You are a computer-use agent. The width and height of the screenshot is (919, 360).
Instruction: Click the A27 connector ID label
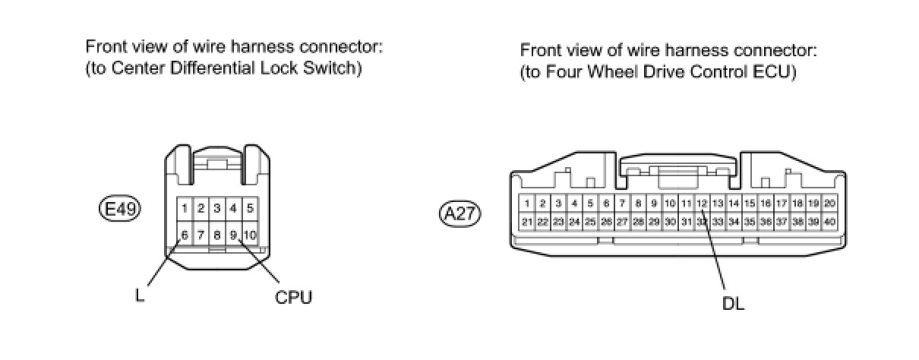(460, 213)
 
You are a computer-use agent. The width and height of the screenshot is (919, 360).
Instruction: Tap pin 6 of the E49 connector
(185, 235)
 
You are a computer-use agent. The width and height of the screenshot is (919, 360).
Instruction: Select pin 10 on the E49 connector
(251, 235)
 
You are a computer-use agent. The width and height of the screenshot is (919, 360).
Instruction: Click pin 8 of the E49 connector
(217, 235)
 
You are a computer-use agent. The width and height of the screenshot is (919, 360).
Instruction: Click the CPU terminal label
(294, 297)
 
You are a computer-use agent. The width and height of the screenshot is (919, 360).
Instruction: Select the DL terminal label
(732, 304)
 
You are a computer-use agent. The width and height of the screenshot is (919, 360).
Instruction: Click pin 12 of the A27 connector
(702, 204)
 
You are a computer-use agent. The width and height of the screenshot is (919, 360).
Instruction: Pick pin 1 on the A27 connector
(526, 204)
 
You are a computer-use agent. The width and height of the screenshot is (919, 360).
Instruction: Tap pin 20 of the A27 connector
(829, 204)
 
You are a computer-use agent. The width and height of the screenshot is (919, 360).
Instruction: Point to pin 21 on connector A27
(526, 222)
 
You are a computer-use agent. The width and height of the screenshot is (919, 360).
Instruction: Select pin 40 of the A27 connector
(829, 222)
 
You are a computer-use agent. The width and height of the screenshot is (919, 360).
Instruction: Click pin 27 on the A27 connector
(622, 222)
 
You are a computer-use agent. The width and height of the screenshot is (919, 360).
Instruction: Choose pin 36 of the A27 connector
(766, 222)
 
